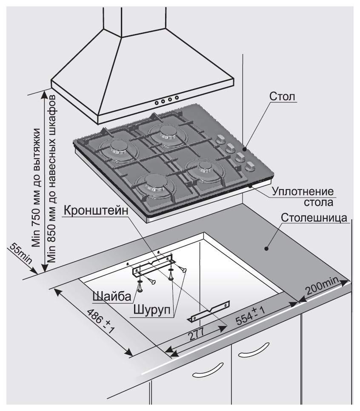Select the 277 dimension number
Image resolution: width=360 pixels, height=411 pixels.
coord(195,335)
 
